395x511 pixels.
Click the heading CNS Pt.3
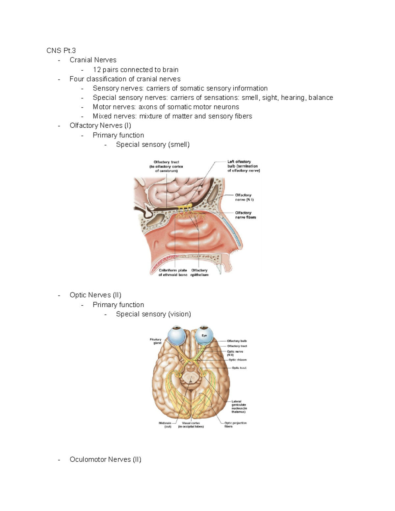tap(61, 50)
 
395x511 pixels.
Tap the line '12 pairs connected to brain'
tap(136, 69)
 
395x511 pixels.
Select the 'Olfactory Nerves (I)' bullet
tap(100, 125)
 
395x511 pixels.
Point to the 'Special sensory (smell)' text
tap(153, 144)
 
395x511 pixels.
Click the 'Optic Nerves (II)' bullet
tap(95, 295)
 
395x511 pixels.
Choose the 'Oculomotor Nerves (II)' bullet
tap(105, 459)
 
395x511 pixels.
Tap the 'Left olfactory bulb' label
tap(243, 166)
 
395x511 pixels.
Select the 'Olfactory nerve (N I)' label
tap(244, 197)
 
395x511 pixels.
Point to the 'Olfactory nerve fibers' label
tap(245, 215)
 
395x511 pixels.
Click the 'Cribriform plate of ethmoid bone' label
tap(173, 272)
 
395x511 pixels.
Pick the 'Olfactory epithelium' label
tap(199, 272)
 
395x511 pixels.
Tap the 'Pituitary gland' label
tap(156, 341)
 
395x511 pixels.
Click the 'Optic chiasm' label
tap(237, 360)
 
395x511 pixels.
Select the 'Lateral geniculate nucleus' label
tap(239, 406)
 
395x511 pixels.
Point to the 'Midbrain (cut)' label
tap(165, 424)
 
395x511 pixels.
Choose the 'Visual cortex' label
tap(191, 424)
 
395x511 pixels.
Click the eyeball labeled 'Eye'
tap(204, 336)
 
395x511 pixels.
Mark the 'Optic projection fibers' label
tap(235, 424)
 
